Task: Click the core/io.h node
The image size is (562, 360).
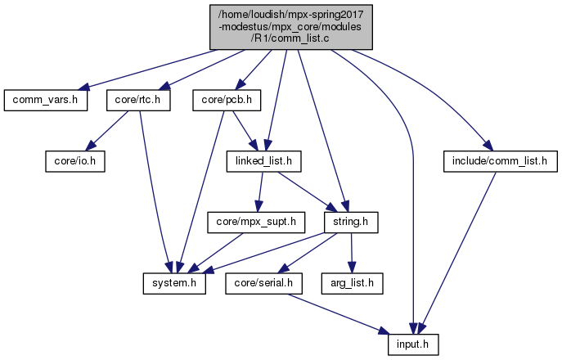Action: (x=74, y=161)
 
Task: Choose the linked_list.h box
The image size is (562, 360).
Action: (x=264, y=161)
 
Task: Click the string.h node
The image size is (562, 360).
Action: (x=350, y=222)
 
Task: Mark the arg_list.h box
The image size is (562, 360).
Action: (x=353, y=282)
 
